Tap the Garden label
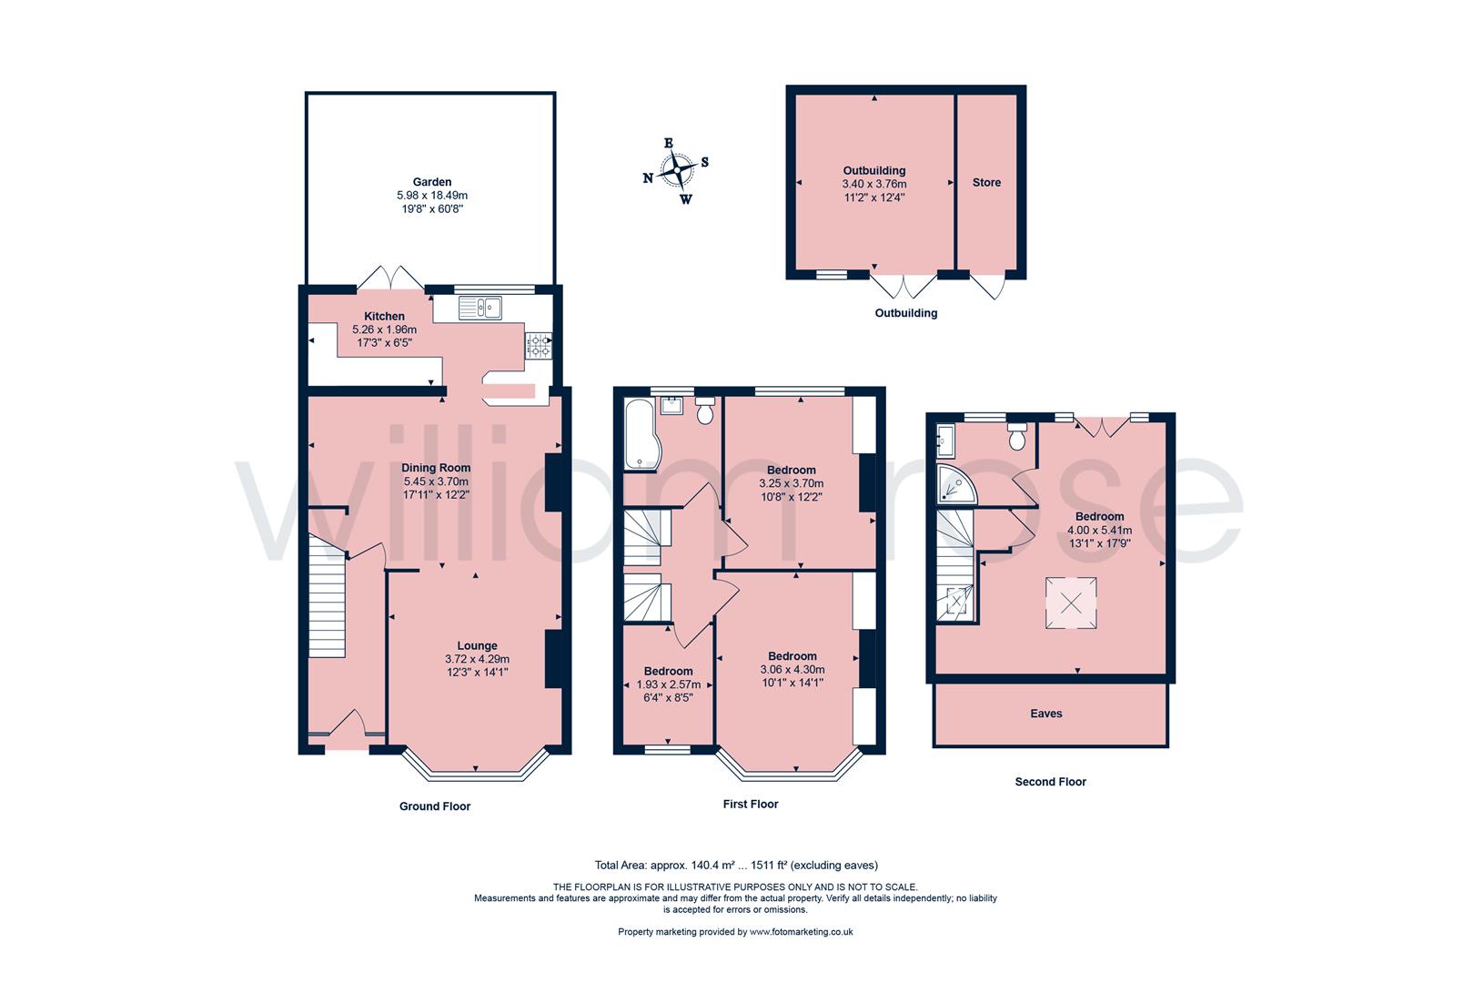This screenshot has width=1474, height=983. pos(431,182)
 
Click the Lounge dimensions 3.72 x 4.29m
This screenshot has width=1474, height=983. pos(477,660)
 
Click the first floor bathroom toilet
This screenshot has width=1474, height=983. pos(703,411)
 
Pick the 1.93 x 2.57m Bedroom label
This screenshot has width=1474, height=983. pos(668,672)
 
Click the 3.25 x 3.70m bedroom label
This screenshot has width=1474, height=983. pos(791,471)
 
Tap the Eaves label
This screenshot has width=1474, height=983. pos(1046,714)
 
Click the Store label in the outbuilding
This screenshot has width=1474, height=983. pos(986,183)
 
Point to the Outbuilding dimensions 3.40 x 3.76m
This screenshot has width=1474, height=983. pos(873,184)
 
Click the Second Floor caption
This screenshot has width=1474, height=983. pos(1050,782)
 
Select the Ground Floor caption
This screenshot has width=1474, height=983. pos(435,806)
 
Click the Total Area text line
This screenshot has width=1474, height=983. pos(736,866)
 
